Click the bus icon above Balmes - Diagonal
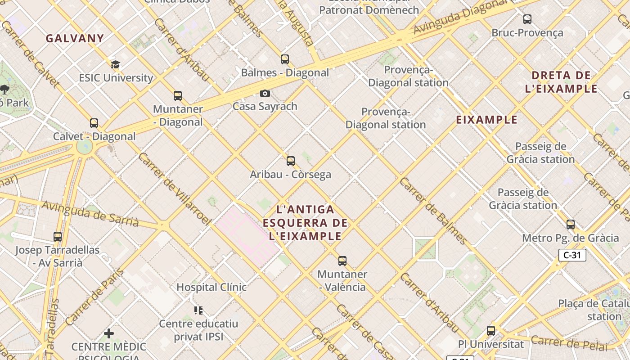284,59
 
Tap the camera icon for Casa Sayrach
265,93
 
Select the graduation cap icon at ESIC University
116,64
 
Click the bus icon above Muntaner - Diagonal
178,95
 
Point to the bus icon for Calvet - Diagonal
94,123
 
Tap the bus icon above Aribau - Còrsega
291,161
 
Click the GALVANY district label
75,39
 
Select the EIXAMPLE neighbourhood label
486,120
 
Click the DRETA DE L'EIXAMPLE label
561,82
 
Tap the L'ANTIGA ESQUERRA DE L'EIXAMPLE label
305,223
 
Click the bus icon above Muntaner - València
342,261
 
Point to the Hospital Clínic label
211,287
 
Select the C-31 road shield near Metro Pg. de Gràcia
572,255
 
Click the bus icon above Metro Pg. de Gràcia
571,224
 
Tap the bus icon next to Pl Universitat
491,331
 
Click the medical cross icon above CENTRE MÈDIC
109,333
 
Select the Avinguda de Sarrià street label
90,213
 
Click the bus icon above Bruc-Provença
527,19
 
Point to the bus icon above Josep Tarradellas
58,236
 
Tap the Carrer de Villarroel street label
175,189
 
